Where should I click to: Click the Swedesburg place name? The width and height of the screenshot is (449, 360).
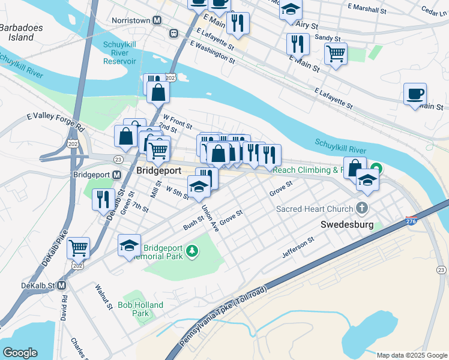point(348,225)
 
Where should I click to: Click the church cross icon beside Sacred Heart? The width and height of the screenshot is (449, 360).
point(361,208)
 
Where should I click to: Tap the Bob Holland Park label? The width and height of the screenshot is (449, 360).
point(140,309)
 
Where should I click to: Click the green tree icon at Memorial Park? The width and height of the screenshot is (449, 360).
point(192,250)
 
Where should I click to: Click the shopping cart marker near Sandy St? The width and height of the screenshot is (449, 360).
point(336,53)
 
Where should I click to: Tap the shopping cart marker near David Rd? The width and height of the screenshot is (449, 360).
point(78,247)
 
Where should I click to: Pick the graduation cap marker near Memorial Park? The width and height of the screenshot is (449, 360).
point(129,245)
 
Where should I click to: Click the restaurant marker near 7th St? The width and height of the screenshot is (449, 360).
point(103,198)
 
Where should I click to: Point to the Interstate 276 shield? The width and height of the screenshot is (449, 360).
point(411,221)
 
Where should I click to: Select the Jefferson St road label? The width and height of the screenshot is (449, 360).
point(298,248)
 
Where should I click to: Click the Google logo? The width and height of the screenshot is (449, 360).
point(20,353)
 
